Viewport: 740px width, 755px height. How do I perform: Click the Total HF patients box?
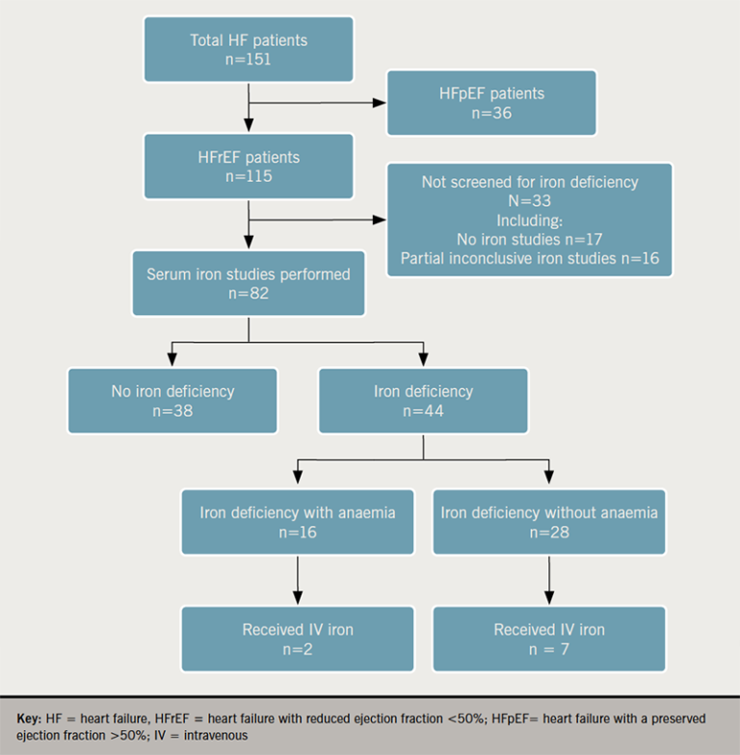click(249, 48)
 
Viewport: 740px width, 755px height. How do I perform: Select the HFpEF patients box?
click(490, 103)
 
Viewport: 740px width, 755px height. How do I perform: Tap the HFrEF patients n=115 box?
click(249, 167)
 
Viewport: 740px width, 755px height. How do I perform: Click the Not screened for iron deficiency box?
click(529, 221)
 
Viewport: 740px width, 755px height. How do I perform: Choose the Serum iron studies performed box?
click(249, 283)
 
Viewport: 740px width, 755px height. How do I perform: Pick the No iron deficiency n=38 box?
click(172, 402)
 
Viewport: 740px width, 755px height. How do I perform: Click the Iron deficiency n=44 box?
click(423, 402)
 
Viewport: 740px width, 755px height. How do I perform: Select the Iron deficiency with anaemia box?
click(298, 522)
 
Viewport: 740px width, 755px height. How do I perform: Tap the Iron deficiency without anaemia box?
click(549, 522)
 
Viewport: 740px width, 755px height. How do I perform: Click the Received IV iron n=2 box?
click(298, 639)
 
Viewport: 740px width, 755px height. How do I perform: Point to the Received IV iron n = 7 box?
click(549, 639)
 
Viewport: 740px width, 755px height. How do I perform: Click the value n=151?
click(249, 59)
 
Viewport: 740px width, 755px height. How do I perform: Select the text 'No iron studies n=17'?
click(529, 239)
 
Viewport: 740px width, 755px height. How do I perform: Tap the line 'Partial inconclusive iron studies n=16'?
click(529, 258)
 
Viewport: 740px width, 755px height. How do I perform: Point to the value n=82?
click(249, 294)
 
